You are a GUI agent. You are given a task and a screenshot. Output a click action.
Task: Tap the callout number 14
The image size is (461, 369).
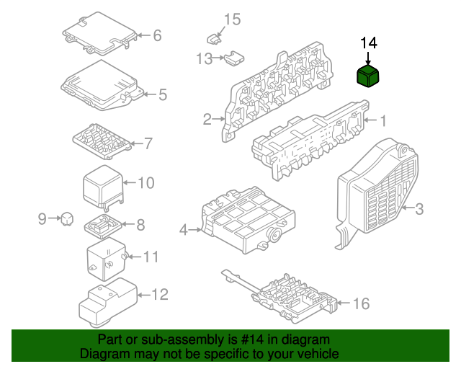point(368,44)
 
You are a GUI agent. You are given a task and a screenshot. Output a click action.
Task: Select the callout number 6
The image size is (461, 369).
point(156,35)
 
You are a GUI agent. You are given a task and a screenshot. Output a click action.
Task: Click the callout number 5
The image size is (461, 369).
point(162,94)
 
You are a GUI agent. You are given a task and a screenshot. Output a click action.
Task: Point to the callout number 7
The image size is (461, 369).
point(148,143)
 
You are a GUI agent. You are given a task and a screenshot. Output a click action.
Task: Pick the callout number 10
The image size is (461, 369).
point(146,183)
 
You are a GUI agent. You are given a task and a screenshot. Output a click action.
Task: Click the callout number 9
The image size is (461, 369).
point(42,218)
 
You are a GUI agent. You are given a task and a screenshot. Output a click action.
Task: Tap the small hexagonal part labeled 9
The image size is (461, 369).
point(66,217)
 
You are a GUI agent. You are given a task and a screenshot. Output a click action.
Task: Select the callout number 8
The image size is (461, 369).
point(140,225)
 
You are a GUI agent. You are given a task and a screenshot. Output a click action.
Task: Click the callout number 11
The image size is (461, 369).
point(150,257)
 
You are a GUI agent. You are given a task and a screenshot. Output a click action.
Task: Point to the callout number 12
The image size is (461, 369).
point(159,294)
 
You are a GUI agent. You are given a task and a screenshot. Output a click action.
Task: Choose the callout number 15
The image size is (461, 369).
point(231,19)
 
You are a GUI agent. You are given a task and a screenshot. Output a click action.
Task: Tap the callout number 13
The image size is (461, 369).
point(204,58)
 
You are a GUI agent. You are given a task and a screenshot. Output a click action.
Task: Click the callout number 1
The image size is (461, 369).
point(383,120)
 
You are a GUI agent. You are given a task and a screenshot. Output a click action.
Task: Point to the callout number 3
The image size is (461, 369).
point(419,209)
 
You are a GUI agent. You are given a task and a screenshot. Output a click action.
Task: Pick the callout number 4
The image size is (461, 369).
point(184,230)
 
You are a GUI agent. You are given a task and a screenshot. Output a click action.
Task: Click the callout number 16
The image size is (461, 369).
point(360,304)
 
